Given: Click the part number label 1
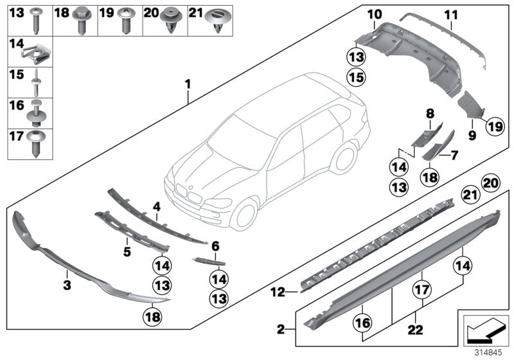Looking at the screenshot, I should tap(187, 83).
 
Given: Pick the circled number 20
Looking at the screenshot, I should tap(491, 183).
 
